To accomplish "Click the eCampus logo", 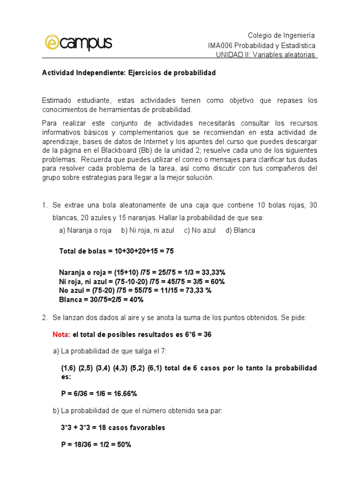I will (x=78, y=43).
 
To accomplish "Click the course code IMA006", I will (x=220, y=45).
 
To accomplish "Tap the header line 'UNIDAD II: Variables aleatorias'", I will (x=266, y=55).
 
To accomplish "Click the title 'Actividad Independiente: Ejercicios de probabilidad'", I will (x=129, y=74).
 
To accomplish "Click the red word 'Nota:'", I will (x=61, y=335).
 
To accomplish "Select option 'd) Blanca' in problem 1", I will (x=240, y=230).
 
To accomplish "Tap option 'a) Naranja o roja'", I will (x=85, y=230).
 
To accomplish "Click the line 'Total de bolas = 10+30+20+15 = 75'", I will (x=116, y=251).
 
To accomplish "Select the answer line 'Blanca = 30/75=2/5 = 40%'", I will (x=101, y=299).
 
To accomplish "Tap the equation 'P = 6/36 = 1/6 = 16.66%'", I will (x=98, y=393).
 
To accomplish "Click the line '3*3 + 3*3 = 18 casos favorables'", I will (x=112, y=427).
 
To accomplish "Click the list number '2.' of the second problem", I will (x=45, y=318).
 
